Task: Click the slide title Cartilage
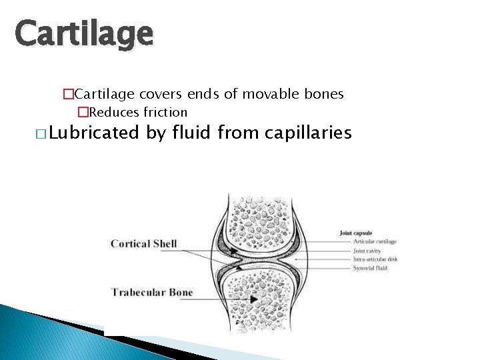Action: pos(84,33)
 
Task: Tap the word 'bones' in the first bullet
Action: pos(325,94)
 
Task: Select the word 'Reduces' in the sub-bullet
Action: pos(114,112)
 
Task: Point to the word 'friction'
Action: pos(165,112)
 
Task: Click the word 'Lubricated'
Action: pos(95,133)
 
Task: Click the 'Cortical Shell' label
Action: pos(144,244)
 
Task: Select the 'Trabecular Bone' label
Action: pos(152,292)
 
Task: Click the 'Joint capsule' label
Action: pos(355,233)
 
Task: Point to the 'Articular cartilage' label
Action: pos(375,242)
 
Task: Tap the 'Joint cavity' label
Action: pos(367,251)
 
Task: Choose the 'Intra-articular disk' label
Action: pos(375,259)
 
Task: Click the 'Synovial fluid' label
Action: pos(370,268)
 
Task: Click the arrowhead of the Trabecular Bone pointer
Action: pos(253,300)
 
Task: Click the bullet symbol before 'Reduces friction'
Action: pos(83,112)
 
